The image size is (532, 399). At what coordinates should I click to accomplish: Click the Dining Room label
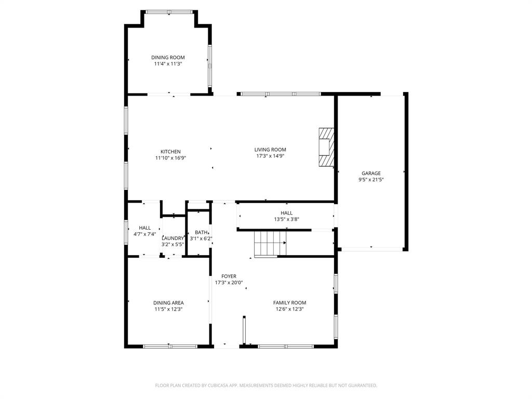168,57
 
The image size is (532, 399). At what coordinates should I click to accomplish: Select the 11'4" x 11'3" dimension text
168,64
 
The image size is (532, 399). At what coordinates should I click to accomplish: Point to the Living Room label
270,150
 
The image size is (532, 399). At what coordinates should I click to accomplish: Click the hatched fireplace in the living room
326,148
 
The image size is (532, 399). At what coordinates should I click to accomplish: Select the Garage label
371,174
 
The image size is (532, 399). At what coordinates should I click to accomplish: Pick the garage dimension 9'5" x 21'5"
371,180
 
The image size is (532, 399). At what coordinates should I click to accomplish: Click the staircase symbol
270,243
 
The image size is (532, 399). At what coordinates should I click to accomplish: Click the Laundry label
172,238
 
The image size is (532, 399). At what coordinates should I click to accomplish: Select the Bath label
201,232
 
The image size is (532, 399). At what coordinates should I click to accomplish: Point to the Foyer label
229,276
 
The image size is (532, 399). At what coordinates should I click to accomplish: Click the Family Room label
289,302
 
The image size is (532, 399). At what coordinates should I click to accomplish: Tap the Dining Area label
168,303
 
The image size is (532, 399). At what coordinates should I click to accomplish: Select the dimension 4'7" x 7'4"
145,234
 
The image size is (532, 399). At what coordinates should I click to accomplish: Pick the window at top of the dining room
169,11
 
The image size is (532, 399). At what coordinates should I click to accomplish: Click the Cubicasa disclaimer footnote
266,385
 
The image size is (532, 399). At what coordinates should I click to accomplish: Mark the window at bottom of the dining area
169,346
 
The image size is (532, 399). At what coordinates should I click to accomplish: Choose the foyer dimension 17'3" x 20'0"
229,283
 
